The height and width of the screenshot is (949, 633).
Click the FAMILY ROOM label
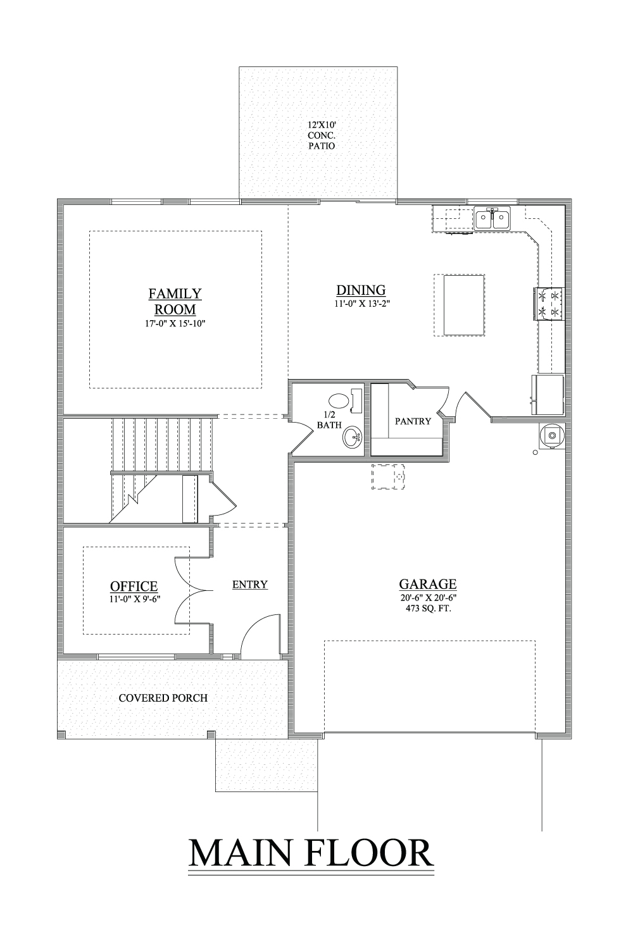point(175,301)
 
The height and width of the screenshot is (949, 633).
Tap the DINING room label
point(361,290)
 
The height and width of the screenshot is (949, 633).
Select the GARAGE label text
point(427,584)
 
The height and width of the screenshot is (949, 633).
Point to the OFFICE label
point(134,586)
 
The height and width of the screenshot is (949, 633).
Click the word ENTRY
point(250,585)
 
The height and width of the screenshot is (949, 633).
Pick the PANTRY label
point(413,421)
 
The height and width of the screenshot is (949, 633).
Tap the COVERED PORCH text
point(163,698)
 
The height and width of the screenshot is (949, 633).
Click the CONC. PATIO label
point(322,140)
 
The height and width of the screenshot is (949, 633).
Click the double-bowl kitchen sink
point(492,219)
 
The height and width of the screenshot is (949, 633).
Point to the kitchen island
point(464,306)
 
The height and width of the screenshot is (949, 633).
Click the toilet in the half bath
point(344,400)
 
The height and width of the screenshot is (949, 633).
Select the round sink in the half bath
point(352,437)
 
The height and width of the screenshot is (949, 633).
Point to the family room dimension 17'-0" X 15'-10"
point(175,324)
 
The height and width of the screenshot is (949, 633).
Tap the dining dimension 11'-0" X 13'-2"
point(361,303)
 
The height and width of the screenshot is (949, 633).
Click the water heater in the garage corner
point(552,435)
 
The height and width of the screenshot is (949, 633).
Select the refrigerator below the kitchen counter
point(548,395)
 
